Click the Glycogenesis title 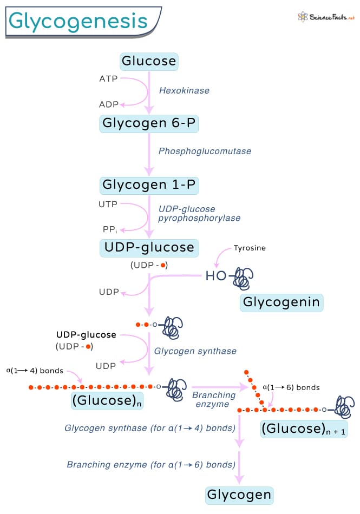(79, 21)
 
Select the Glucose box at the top (149, 61)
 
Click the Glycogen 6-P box (149, 123)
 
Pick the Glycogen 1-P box (149, 185)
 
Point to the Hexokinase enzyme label (184, 91)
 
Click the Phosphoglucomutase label (205, 151)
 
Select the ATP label (108, 79)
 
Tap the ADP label (108, 104)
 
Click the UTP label (108, 205)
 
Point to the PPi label (109, 229)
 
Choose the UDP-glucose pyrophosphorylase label (199, 214)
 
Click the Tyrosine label (250, 248)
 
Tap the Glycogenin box (282, 302)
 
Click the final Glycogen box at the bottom (239, 495)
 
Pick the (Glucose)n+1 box (304, 429)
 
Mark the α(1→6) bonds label (291, 387)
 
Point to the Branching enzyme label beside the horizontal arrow (214, 399)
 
